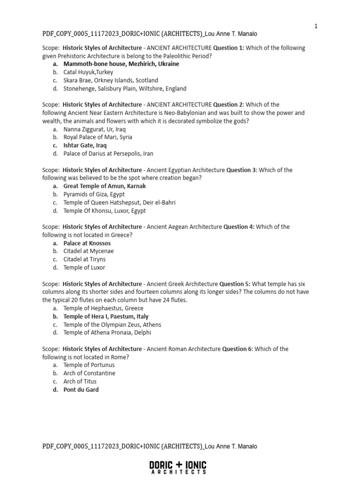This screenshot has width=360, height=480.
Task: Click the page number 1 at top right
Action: [x=316, y=26]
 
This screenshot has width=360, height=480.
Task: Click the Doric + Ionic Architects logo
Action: [x=178, y=467]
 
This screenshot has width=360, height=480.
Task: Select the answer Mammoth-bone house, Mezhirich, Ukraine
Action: [x=121, y=64]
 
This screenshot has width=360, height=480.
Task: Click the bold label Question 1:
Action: [x=229, y=48]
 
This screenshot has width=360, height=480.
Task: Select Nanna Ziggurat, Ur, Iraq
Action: [x=95, y=129]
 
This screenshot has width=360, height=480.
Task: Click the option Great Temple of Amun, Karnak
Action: [x=105, y=186]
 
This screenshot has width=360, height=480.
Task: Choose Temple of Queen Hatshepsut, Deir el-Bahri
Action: [x=120, y=202]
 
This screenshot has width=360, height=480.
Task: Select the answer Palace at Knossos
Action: [x=87, y=243]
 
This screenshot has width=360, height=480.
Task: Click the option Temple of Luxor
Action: [x=84, y=268]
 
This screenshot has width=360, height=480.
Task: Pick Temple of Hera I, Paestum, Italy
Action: [x=106, y=316]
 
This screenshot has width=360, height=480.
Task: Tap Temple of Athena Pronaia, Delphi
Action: [x=107, y=333]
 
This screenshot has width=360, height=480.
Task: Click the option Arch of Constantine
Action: [x=89, y=373]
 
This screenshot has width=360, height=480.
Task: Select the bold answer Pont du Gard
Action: [x=81, y=390]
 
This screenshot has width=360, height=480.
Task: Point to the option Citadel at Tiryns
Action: [x=84, y=259]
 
